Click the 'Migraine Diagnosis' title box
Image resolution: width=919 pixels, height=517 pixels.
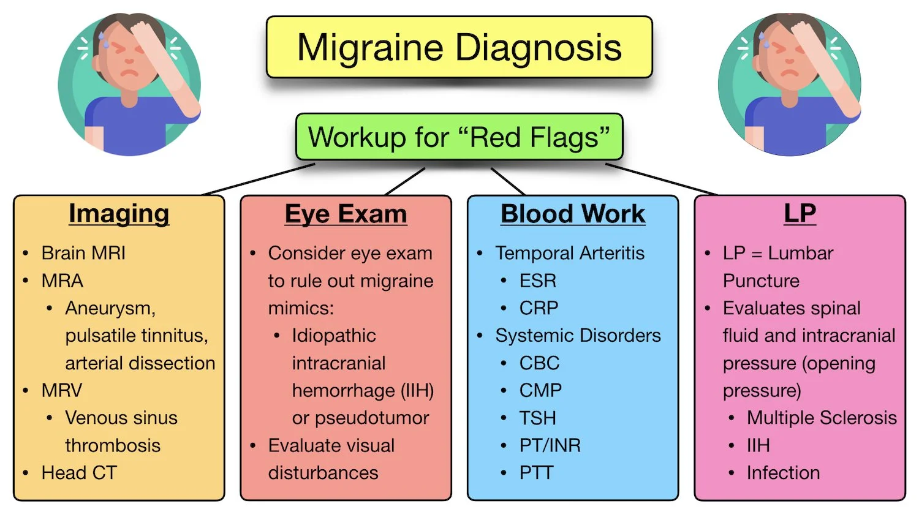(x=459, y=47)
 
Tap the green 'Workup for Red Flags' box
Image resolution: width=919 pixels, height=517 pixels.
(x=459, y=137)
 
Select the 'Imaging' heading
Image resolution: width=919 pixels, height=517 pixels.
(x=119, y=214)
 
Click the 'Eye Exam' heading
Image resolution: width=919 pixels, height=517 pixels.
(x=346, y=214)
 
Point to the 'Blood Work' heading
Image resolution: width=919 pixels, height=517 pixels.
(x=573, y=214)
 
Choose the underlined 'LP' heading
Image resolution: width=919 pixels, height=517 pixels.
(x=800, y=214)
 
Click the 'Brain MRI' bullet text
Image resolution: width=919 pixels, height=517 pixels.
(x=83, y=253)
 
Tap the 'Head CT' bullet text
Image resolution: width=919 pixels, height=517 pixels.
(x=79, y=473)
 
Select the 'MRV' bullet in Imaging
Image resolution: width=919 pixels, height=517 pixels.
(x=61, y=390)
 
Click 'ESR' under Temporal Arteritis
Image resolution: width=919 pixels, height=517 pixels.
(x=538, y=281)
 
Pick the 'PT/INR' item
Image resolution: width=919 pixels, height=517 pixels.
(x=550, y=445)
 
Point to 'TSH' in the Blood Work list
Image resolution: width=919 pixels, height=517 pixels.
(x=537, y=418)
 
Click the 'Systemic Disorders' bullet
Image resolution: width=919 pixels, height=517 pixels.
(x=578, y=336)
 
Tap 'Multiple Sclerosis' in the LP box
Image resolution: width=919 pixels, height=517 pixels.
(x=822, y=418)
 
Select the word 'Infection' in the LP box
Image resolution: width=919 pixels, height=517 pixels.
(x=783, y=473)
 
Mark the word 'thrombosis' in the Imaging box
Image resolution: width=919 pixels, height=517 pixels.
(x=113, y=445)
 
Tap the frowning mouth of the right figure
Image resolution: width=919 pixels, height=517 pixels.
(x=790, y=73)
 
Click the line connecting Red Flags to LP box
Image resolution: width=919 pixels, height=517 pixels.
(x=662, y=179)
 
